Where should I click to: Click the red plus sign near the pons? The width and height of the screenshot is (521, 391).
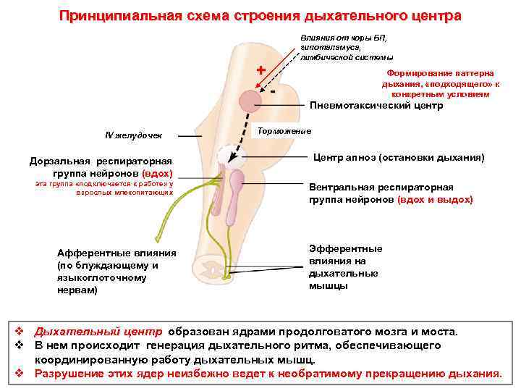260,71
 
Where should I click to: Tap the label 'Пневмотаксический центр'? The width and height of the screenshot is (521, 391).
376,106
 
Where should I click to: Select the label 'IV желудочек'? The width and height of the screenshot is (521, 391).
134,135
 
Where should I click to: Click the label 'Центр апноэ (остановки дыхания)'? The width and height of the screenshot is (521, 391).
398,157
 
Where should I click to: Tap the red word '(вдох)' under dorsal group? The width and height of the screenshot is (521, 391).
158,174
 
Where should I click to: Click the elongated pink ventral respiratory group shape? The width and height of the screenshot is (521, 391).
233,199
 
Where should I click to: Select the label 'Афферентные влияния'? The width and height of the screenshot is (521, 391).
117,253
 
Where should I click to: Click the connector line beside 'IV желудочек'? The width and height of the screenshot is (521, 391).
190,135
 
